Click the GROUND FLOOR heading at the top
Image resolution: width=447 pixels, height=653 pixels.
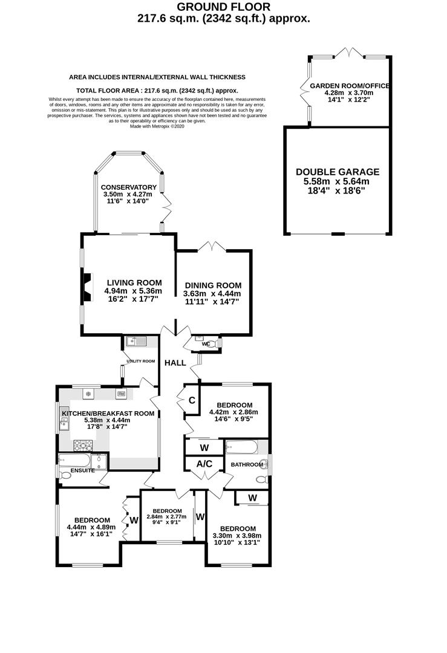(224, 7)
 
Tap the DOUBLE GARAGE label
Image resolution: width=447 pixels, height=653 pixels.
(338, 172)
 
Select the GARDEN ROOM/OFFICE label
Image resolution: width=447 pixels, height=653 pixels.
(350, 86)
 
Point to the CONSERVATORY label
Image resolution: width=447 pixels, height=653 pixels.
(129, 187)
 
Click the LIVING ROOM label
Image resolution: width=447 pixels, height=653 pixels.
(134, 283)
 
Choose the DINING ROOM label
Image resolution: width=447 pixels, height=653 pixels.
(214, 285)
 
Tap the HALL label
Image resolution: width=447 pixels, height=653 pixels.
(175, 363)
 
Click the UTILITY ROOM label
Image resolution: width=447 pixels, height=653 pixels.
(141, 361)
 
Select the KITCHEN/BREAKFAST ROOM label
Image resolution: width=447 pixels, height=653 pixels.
(108, 414)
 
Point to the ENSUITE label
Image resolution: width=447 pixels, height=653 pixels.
(82, 470)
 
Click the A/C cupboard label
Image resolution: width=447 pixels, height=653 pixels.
(204, 464)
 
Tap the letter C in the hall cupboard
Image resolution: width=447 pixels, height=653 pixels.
(192, 401)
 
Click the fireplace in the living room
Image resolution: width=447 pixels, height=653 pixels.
(88, 287)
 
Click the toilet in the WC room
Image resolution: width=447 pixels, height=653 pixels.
(212, 343)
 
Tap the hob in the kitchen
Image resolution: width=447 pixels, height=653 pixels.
(83, 446)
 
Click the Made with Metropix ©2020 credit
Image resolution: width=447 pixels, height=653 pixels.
(157, 126)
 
